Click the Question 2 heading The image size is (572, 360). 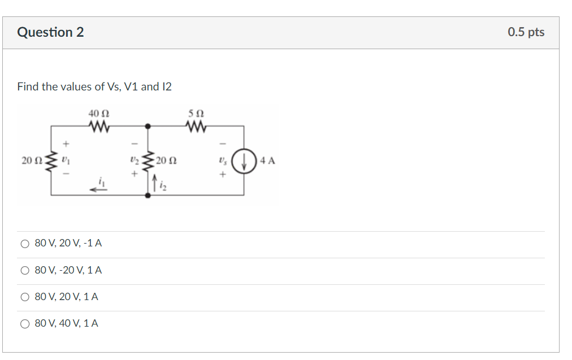50,32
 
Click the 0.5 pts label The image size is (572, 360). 526,32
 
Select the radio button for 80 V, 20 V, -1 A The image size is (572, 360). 25,244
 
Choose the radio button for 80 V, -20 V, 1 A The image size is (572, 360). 25,271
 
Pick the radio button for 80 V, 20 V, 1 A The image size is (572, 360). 25,297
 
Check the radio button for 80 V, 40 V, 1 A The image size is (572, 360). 25,324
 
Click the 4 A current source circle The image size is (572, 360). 244,161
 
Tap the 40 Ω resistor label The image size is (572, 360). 94,114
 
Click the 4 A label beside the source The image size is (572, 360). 267,161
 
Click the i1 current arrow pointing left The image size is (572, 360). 100,189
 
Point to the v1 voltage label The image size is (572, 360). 66,161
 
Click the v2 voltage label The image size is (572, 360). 134,161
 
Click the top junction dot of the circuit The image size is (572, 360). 148,126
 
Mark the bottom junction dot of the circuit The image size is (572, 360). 148,195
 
